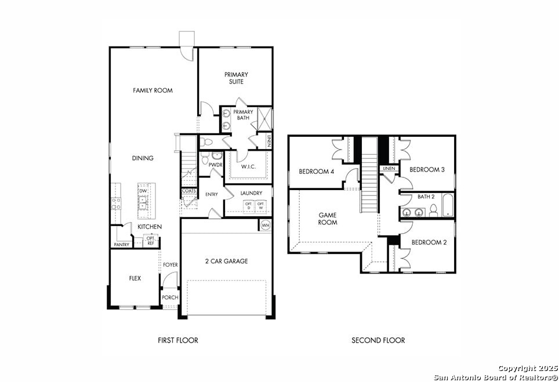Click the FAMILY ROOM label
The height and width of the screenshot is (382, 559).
pos(153,90)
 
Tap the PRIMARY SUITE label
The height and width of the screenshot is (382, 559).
pos(236,78)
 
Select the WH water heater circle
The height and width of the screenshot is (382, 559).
pos(265,225)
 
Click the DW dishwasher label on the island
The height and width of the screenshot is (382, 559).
pos(143,191)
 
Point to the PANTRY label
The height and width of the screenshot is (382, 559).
pos(122,245)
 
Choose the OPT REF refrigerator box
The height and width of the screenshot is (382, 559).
pos(150,241)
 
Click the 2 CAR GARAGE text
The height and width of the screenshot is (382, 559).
pos(226,261)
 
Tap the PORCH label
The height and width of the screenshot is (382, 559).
pos(170,297)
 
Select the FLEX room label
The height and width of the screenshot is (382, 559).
pos(135,278)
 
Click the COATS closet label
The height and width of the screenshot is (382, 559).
pos(188,191)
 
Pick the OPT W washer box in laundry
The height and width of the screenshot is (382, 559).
pos(260,206)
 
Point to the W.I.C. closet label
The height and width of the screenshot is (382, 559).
pos(248,166)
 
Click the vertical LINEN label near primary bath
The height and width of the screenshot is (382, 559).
pos(268,140)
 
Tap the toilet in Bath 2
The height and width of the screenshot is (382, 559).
pos(433,210)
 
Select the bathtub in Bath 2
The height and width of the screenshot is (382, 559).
pos(448,205)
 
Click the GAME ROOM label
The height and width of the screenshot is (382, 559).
pos(328,219)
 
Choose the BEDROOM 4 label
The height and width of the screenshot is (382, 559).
pos(317,172)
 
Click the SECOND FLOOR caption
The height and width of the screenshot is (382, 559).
pos(378,340)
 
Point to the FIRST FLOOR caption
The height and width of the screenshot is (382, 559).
pos(178,340)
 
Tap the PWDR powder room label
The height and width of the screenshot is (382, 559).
pos(215,165)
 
